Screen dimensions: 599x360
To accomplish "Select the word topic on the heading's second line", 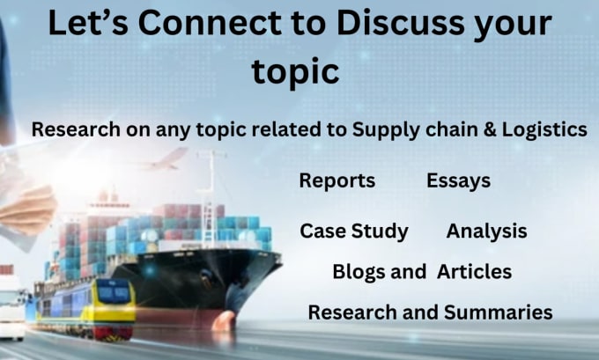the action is (x=295, y=72).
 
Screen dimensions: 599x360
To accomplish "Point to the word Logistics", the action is (x=544, y=130).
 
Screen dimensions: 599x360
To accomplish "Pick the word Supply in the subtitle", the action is (x=387, y=130).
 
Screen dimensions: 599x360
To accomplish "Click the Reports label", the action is (x=336, y=180).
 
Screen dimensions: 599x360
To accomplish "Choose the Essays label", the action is (x=458, y=180).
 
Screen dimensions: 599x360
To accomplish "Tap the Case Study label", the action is (x=354, y=231).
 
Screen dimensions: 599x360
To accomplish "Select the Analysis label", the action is (x=486, y=231).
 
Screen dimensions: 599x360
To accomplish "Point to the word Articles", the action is (x=475, y=272).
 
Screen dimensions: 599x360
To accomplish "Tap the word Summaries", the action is (x=499, y=312).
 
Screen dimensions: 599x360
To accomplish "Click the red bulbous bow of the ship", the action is (x=224, y=320).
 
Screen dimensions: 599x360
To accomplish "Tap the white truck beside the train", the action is (x=11, y=305).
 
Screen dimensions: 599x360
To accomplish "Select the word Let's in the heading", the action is (x=88, y=23).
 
